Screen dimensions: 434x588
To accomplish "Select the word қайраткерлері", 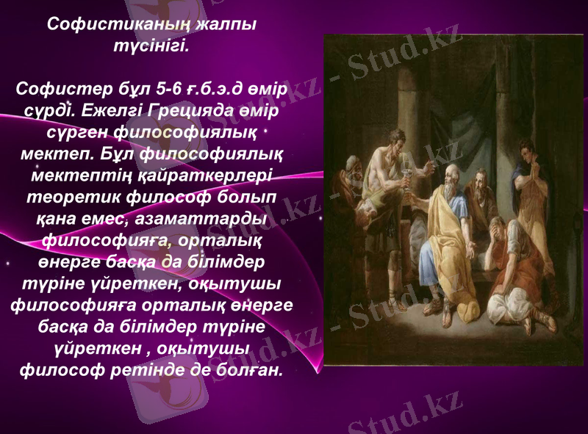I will (213, 176).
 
